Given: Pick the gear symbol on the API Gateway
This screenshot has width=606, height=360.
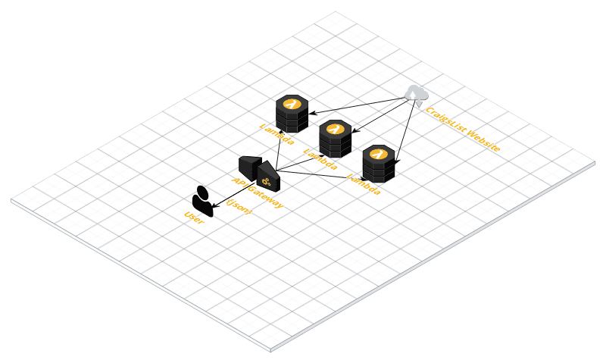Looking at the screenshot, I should [x=267, y=180].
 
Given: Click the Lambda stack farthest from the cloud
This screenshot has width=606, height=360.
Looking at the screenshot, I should [x=292, y=113].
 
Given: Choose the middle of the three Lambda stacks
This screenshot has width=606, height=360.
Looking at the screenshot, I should [x=334, y=137].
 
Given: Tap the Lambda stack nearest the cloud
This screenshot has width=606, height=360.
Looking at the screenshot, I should [x=378, y=163].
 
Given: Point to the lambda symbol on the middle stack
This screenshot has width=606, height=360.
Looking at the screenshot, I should [x=333, y=128].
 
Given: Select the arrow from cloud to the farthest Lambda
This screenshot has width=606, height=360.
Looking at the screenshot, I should [x=356, y=102].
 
